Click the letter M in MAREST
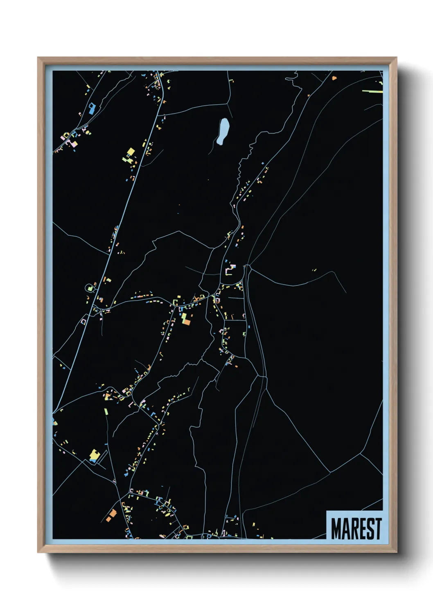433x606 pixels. pyautogui.click(x=337, y=529)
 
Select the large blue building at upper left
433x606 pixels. pyautogui.click(x=92, y=109)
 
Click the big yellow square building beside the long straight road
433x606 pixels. pyautogui.click(x=131, y=152)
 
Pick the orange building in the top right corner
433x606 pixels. pyautogui.click(x=334, y=77)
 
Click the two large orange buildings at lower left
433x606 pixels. pyautogui.click(x=111, y=515)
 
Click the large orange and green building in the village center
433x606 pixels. pyautogui.click(x=186, y=320)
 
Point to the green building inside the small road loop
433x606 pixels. pyautogui.click(x=90, y=288)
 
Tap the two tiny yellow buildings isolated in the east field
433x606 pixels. pyautogui.click(x=314, y=270)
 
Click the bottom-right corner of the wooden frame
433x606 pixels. pyautogui.click(x=396, y=552)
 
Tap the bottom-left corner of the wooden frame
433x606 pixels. pyautogui.click(x=38, y=552)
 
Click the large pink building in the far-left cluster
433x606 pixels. pyautogui.click(x=74, y=144)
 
